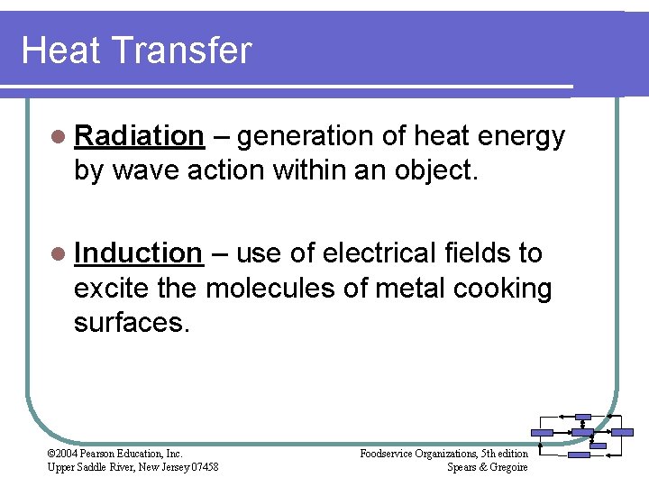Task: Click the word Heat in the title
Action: (55, 51)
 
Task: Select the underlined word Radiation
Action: (139, 136)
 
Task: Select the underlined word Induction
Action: (138, 253)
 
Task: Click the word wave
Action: (145, 170)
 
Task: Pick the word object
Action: (432, 170)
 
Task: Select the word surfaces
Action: (132, 323)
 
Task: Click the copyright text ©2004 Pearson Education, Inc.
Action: (114, 453)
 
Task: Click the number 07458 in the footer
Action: (202, 466)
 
